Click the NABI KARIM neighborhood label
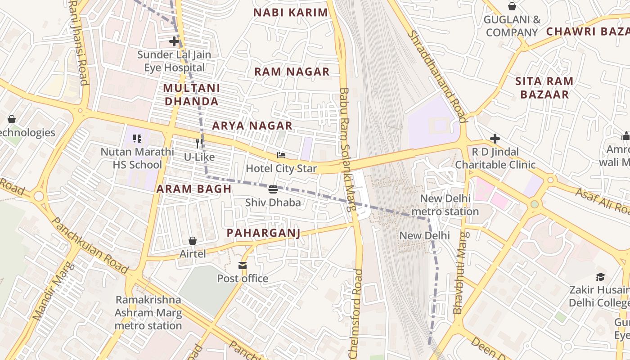pos(291,13)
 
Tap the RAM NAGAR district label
pos(292,72)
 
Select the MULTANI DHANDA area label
pos(192,94)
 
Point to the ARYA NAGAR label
pos(252,126)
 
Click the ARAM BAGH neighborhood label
pos(194,189)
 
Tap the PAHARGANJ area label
pos(263,233)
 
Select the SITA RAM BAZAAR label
pos(544,88)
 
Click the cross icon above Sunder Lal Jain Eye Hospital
pos(174,41)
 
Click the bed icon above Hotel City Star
pos(281,155)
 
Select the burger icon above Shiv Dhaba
pos(273,189)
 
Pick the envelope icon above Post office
pos(243,265)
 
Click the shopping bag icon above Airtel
pos(193,241)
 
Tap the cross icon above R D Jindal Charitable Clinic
pos(495,138)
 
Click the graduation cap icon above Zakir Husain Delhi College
pos(600,276)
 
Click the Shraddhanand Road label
pos(436,76)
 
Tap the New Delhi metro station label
pos(445,205)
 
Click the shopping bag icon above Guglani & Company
pos(512,6)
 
